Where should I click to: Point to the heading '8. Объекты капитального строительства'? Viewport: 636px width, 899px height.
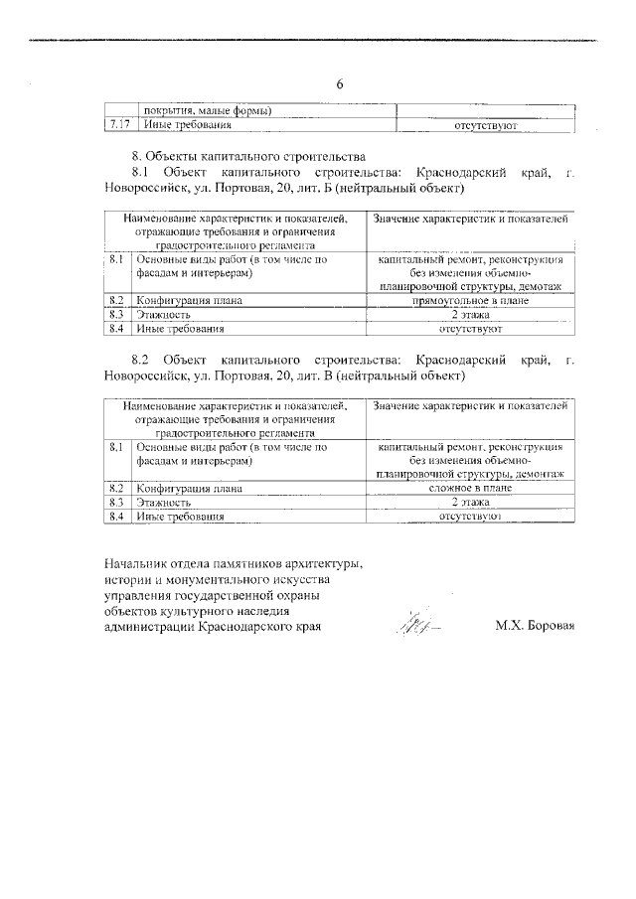[248, 156]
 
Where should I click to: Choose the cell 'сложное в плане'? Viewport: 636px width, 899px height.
[470, 489]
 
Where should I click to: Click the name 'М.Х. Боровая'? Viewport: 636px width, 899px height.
[536, 627]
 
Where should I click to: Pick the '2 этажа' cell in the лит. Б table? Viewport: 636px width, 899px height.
[470, 314]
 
